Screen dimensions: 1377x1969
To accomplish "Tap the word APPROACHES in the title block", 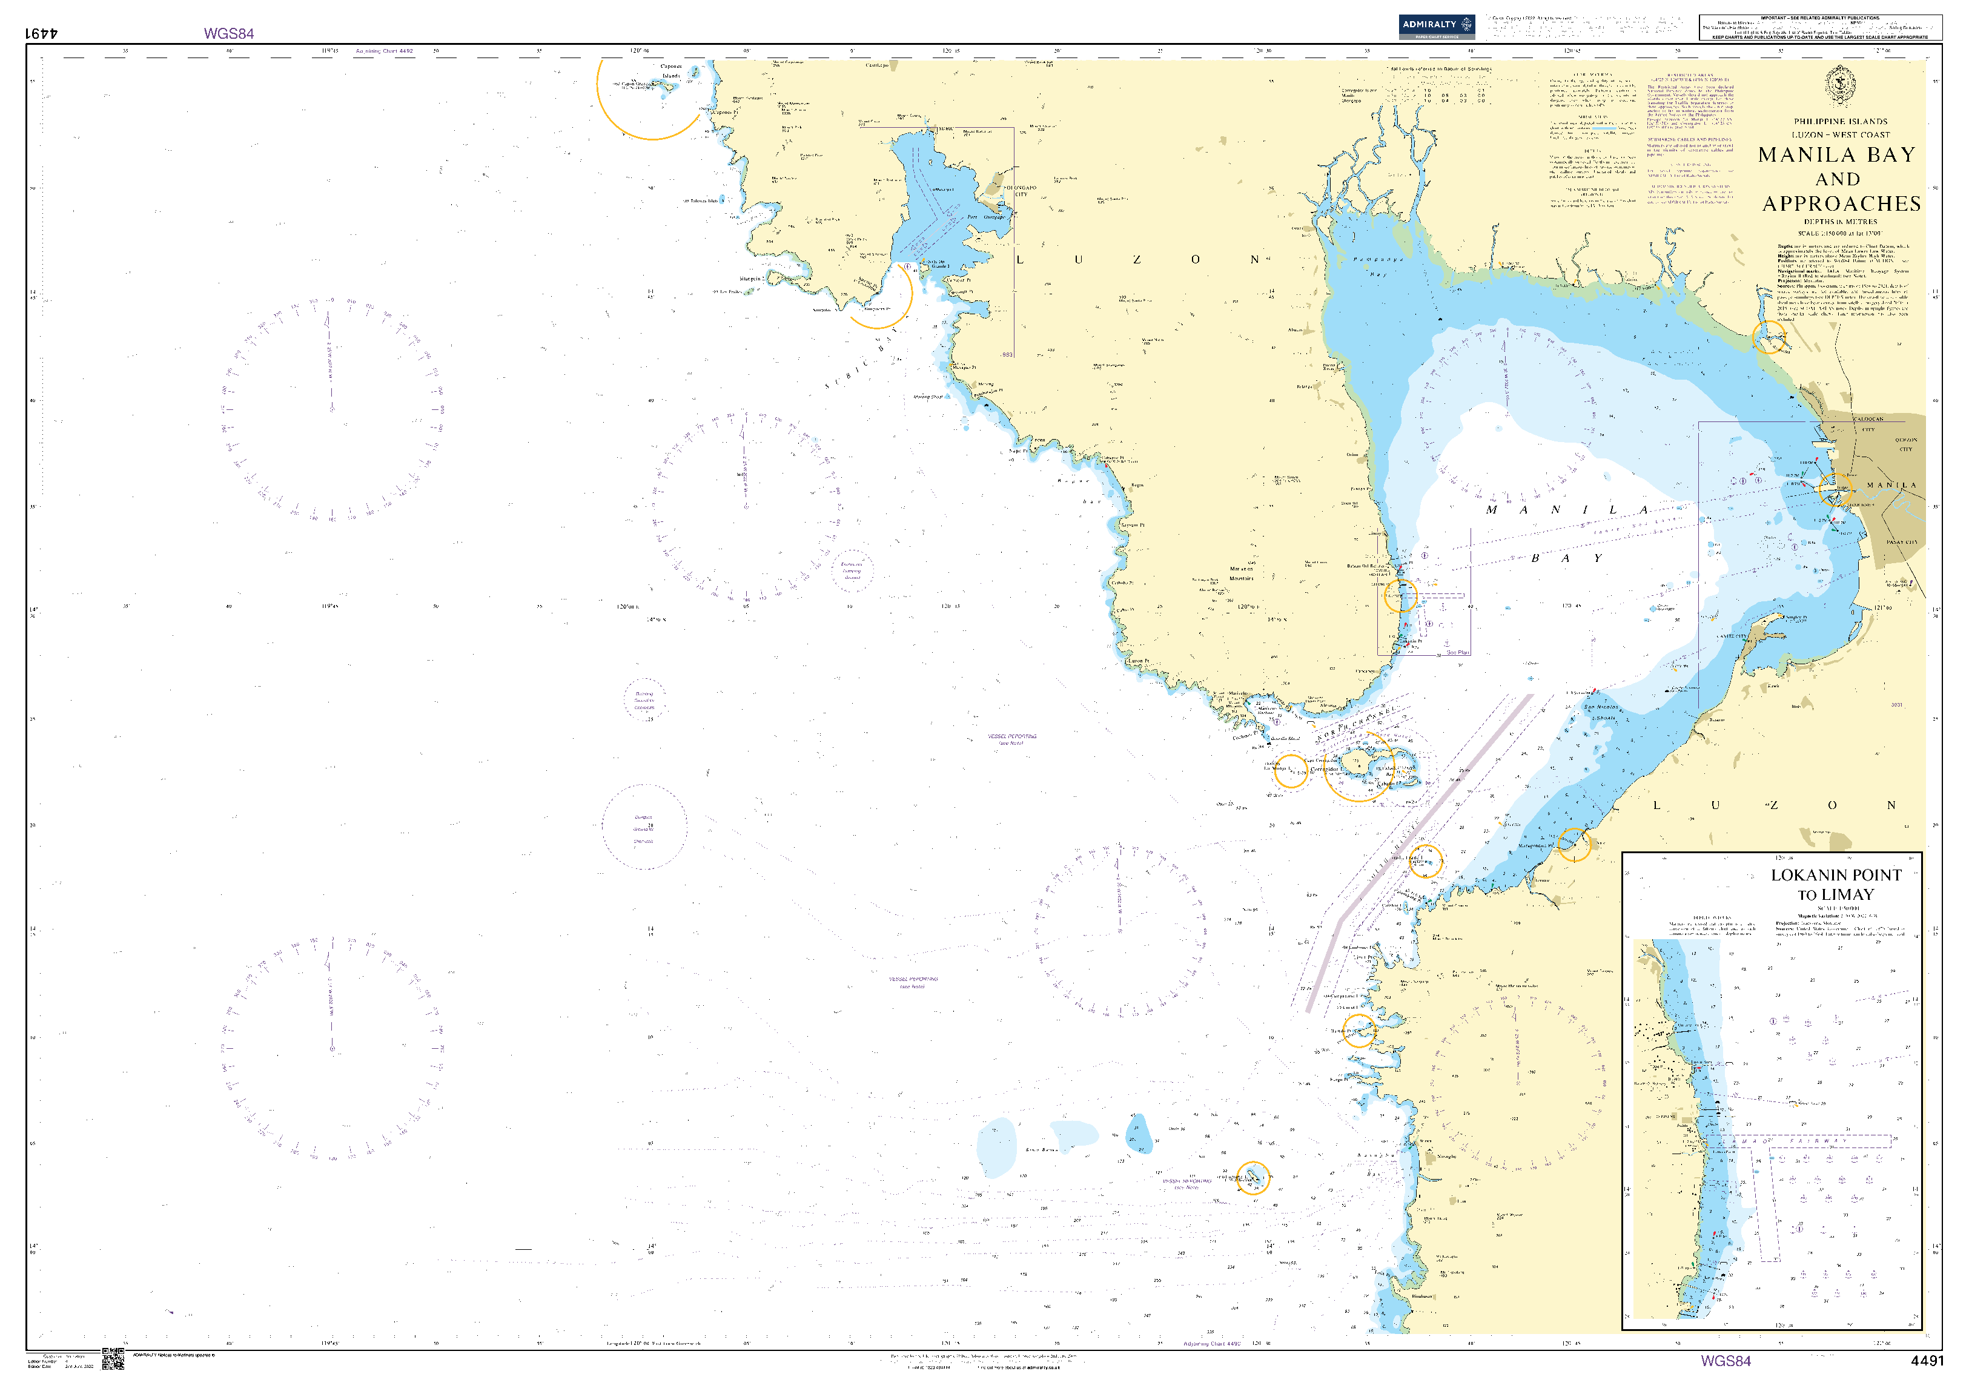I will (x=1841, y=204).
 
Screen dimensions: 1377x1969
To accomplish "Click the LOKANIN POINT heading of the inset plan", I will (x=1836, y=874).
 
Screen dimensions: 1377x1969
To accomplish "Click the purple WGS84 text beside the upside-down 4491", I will (x=228, y=33).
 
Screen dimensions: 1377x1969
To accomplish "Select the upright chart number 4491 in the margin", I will (x=1927, y=1361).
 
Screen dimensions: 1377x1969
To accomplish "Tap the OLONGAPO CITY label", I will (x=1021, y=190).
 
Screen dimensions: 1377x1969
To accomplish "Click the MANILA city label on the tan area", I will (x=1891, y=485).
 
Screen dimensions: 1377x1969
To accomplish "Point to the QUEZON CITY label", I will (x=1905, y=444).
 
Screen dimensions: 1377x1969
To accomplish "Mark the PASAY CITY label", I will (x=1901, y=543).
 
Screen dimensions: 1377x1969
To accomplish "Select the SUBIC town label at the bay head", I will (x=944, y=128).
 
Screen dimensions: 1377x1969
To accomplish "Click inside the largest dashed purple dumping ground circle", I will (x=644, y=827).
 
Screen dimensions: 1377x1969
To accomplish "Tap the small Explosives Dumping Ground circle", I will (x=852, y=570).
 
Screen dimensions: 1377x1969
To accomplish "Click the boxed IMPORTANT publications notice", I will (x=1820, y=27).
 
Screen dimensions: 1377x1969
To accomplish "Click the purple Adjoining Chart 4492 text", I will (x=384, y=51).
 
